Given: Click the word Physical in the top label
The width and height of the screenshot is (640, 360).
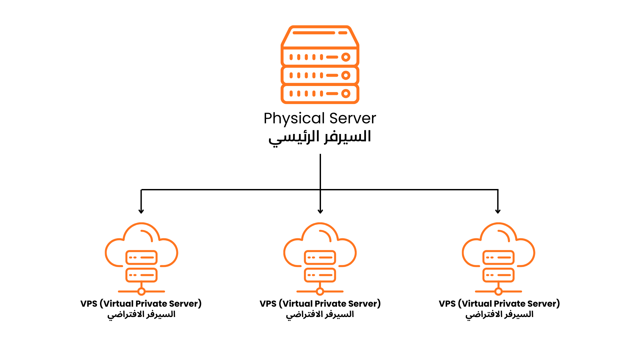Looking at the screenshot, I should [294, 119].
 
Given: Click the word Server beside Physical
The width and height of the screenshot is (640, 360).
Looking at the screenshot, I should [353, 118].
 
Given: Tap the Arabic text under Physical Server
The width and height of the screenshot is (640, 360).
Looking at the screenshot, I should [320, 137].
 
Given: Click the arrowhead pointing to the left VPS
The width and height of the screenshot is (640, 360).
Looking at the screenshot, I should [141, 211].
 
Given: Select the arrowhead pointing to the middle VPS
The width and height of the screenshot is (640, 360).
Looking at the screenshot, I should [320, 211].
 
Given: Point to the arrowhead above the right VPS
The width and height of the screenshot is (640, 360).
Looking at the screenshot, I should [498, 211].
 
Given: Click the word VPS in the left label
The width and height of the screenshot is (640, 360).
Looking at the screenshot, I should [89, 304].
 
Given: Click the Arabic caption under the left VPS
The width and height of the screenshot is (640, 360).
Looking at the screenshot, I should [141, 315].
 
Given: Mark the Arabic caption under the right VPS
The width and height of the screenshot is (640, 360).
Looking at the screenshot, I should [499, 315].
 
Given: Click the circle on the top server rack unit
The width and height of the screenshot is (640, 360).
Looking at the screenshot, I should [346, 57].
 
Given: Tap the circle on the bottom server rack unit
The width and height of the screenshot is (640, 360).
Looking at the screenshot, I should [346, 94].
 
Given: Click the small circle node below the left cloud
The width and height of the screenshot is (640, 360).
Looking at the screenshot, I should [141, 292].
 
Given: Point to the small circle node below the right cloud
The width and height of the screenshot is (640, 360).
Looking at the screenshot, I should [498, 292].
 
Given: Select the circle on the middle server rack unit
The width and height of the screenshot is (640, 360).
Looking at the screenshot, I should [346, 75].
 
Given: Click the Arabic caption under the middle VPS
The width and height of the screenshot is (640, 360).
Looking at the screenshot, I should [320, 315].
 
